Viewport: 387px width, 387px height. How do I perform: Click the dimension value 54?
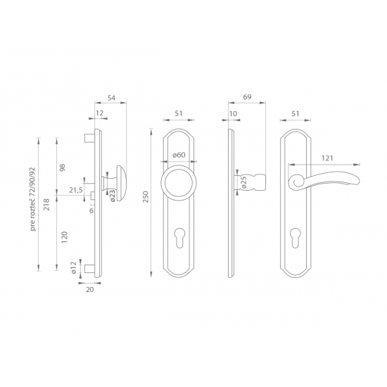111,98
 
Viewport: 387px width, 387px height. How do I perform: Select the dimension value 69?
247,97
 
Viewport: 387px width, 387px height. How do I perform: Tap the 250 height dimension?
146,197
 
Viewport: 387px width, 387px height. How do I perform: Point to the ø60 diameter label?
179,155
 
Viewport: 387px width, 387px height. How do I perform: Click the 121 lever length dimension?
327,158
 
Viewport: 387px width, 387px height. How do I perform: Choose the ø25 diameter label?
243,182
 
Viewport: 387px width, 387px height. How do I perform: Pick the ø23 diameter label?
112,196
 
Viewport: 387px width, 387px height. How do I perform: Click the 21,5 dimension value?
76,190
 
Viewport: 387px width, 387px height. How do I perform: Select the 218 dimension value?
46,204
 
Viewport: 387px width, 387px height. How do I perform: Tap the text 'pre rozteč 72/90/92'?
32,199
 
